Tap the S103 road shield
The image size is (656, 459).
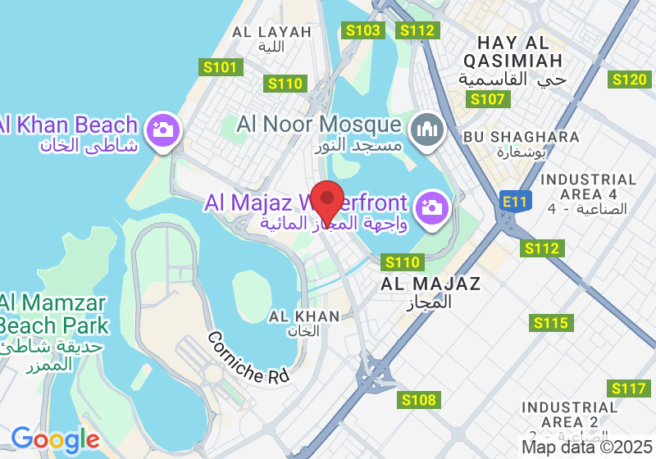(x=363, y=30)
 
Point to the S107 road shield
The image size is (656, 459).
(x=490, y=99)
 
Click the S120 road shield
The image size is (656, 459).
(x=630, y=79)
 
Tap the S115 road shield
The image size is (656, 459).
(x=550, y=323)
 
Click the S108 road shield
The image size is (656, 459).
(x=420, y=400)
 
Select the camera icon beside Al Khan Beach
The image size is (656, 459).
(x=162, y=130)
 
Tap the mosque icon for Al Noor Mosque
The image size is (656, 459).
(x=426, y=130)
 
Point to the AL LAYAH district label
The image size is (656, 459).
(x=272, y=32)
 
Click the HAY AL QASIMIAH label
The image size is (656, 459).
(x=512, y=51)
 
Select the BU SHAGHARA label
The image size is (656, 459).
(x=521, y=136)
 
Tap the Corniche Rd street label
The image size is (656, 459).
(x=248, y=358)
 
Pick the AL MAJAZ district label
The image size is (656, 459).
(x=430, y=284)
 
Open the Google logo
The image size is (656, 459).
(x=55, y=439)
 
